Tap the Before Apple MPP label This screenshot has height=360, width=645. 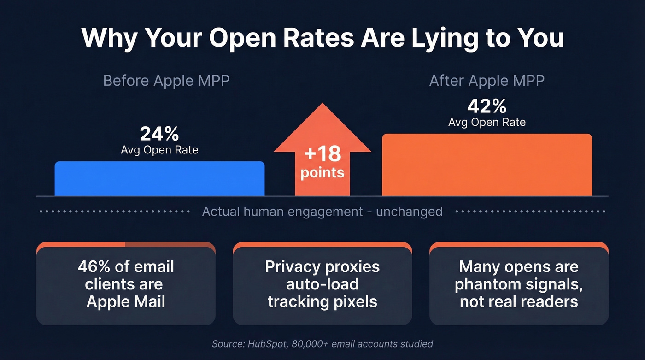tap(166, 81)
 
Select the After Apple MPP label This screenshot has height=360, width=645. tap(487, 81)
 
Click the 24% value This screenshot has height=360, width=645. tap(159, 134)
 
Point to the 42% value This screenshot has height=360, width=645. tap(487, 106)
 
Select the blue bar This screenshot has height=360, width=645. tap(159, 178)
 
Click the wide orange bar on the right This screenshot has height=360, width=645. tap(487, 165)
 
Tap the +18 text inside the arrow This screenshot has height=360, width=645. tap(322, 154)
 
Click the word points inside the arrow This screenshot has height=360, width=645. tap(322, 173)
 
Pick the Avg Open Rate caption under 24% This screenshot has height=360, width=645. tap(159, 150)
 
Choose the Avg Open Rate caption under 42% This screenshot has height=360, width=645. tap(487, 122)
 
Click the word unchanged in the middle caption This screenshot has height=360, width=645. tap(409, 212)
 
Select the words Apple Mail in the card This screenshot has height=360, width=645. tap(126, 301)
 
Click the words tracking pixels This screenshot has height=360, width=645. tap(322, 301)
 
